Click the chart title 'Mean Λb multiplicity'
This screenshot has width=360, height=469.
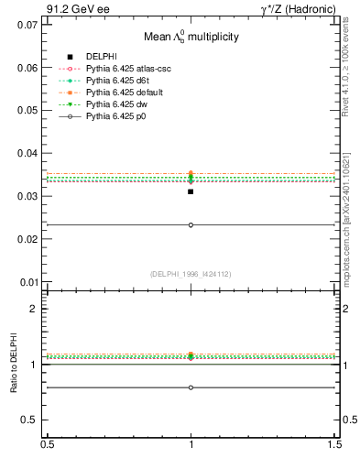pos(191,38)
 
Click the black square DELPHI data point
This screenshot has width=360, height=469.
pos(191,191)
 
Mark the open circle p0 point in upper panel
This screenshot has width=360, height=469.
pos(191,224)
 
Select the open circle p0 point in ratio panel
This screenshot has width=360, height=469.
pos(191,387)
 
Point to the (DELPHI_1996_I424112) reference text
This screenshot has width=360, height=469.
pos(191,274)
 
